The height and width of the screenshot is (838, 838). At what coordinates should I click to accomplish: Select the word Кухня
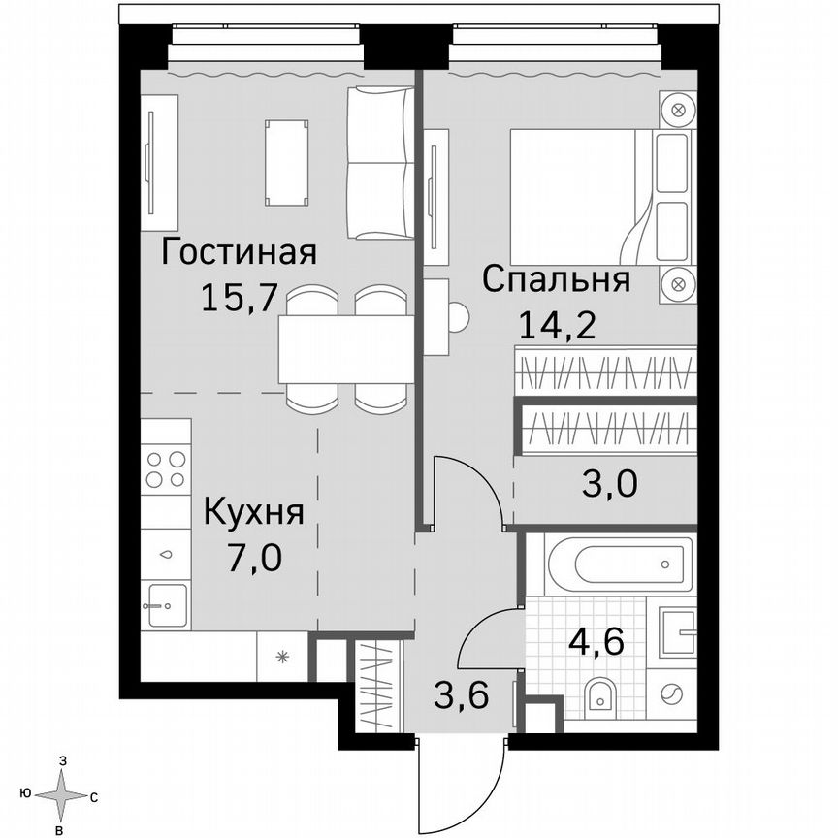(x=253, y=511)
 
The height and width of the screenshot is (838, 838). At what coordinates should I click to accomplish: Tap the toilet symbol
(x=601, y=694)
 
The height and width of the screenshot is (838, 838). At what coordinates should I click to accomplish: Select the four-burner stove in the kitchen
(x=165, y=469)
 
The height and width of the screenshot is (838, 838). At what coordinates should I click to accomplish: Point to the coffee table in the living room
(x=287, y=162)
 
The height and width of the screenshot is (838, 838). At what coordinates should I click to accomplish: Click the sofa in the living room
(x=379, y=162)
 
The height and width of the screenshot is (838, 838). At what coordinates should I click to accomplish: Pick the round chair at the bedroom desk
(x=459, y=316)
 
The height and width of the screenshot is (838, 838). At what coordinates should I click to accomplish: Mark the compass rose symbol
(x=63, y=795)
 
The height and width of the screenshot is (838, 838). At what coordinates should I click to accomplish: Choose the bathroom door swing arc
(x=485, y=635)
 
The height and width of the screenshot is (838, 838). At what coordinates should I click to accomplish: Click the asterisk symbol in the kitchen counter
(x=282, y=657)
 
